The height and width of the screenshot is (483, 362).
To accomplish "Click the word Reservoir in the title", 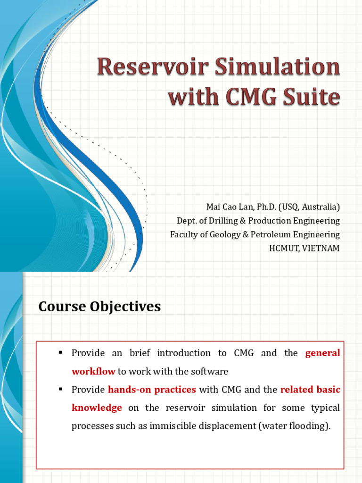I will tap(152, 67).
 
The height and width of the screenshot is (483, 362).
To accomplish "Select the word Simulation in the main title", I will tap(277, 67).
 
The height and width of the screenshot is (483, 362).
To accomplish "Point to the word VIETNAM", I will tap(323, 248).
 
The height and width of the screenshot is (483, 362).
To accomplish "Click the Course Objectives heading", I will tap(99, 307).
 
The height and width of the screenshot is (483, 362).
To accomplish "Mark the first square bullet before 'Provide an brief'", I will tap(60, 353).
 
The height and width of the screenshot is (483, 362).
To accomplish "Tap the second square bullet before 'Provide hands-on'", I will tap(60, 390).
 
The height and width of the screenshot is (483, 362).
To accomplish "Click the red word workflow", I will tap(93, 371).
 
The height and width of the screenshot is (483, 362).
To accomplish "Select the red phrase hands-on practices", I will tap(152, 390).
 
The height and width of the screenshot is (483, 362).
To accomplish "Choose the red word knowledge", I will tap(97, 408).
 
